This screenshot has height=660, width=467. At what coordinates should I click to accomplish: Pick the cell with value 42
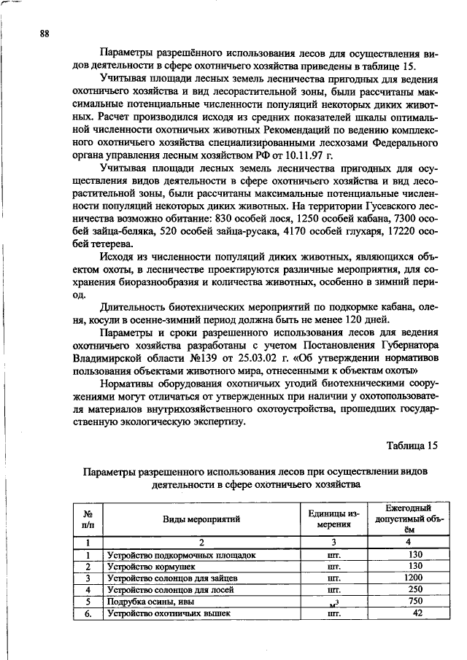(x=417, y=613)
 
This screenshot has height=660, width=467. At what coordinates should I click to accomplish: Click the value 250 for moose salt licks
(x=415, y=589)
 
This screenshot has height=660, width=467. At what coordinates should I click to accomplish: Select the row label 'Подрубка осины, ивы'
(x=150, y=602)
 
